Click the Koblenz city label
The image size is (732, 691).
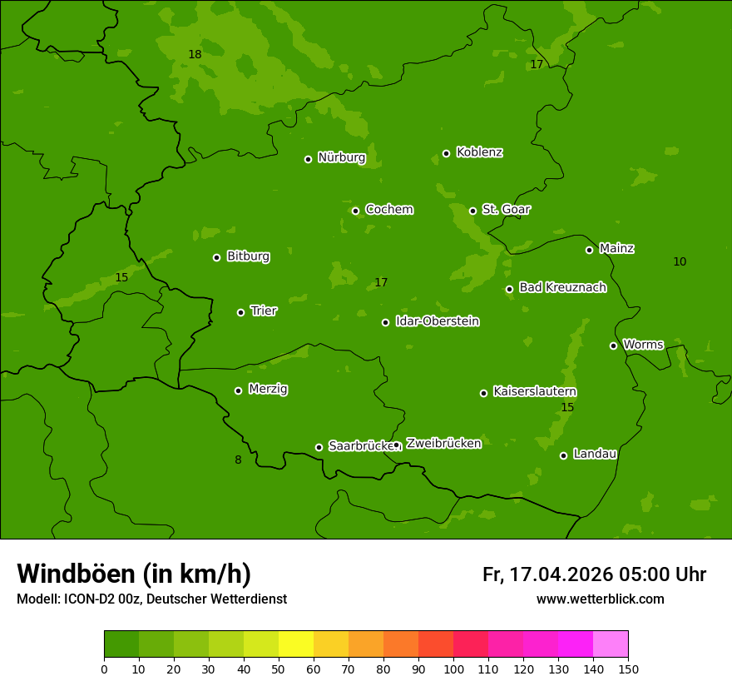(479, 152)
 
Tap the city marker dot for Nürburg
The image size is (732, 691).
(308, 159)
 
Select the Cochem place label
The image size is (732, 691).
(388, 210)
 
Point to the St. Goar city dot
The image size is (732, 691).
(472, 211)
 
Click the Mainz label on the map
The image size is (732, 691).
(616, 248)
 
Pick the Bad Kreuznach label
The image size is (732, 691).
(562, 287)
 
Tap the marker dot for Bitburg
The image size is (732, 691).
(216, 257)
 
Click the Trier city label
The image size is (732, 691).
(264, 311)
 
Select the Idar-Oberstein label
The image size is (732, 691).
(437, 321)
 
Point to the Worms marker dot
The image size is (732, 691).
(613, 345)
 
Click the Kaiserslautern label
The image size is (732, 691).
(535, 391)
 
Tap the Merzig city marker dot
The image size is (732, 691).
(238, 390)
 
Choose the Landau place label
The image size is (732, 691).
(595, 454)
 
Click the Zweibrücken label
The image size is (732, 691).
(443, 444)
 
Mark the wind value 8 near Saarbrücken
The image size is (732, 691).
(238, 460)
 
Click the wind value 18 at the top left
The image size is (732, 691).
(195, 55)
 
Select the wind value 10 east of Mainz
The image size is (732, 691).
(680, 262)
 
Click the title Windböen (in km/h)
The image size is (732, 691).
(134, 574)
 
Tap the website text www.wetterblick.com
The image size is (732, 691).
(600, 599)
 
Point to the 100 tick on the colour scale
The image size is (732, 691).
(453, 669)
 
